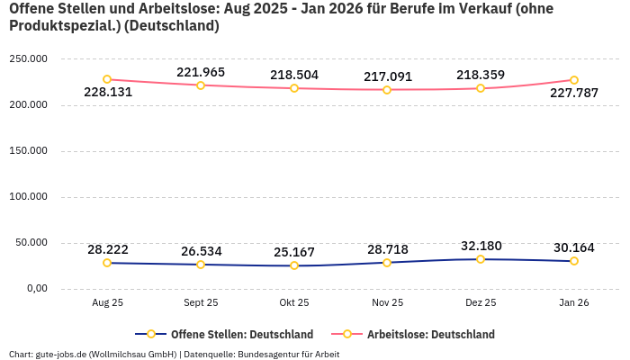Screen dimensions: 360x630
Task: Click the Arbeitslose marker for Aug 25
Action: [107, 79]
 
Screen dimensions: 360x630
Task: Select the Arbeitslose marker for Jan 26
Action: [574, 80]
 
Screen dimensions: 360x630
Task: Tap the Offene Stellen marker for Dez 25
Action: [481, 259]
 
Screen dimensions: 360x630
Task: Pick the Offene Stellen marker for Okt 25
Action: [294, 265]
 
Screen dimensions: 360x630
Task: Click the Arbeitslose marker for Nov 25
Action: [387, 90]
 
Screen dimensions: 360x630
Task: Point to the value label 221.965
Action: [201, 72]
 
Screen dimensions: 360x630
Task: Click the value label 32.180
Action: [481, 246]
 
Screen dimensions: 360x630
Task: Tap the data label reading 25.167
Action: [294, 252]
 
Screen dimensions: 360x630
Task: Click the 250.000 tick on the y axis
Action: [28, 58]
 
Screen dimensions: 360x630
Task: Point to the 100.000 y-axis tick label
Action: [28, 196]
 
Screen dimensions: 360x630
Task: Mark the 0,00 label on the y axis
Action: [36, 288]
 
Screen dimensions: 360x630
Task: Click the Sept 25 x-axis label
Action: [201, 303]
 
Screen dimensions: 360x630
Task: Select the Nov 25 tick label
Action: [387, 303]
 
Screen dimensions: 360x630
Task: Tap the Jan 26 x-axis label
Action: [574, 303]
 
